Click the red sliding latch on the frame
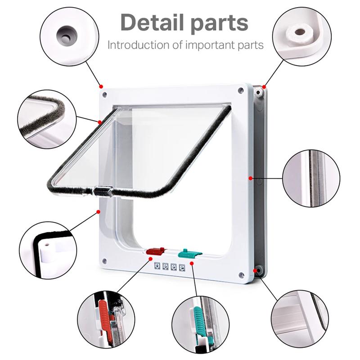click(x=155, y=251)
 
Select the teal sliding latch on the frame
click(x=189, y=253)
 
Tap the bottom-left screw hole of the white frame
click(x=104, y=261)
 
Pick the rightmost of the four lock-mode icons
click(x=182, y=268)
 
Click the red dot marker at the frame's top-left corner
click(x=101, y=86)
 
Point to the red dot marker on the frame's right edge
click(x=250, y=178)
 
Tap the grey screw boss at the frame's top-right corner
click(x=258, y=92)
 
